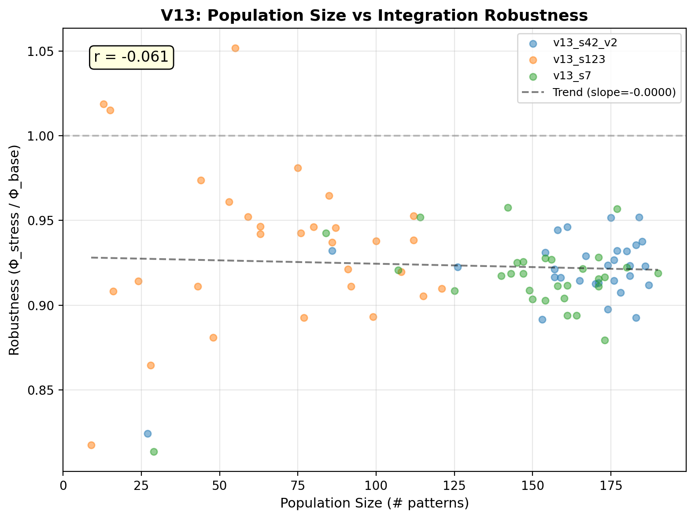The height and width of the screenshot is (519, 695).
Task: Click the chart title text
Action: pos(374,15)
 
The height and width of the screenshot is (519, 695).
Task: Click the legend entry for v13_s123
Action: pos(579,59)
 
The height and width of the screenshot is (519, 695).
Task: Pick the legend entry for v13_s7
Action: pos(572,76)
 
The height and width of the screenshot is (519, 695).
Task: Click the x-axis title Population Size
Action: pos(374,503)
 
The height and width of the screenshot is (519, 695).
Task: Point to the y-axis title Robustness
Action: pos(15,252)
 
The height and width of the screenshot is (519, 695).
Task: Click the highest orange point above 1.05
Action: pos(235,48)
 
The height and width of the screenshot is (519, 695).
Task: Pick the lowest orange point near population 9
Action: pos(91,445)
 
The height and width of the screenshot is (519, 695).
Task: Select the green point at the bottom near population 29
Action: pos(154,452)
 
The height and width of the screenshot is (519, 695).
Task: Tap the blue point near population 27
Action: pos(148,434)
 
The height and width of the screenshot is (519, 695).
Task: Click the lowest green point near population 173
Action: pos(605,340)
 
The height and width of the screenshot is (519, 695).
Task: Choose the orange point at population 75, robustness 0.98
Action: pos(298,168)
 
